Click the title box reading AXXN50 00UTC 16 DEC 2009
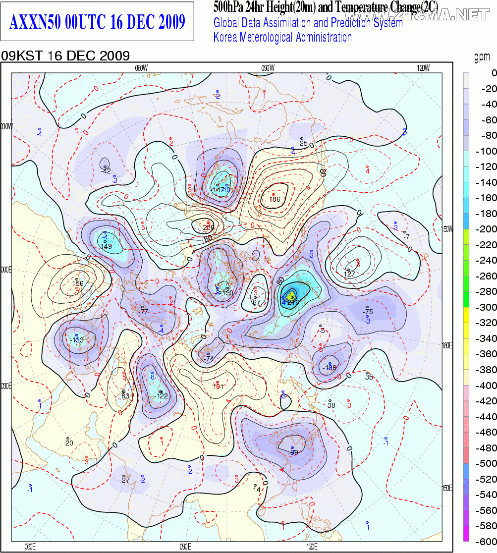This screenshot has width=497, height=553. click(98, 22)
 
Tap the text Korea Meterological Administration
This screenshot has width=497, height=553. click(282, 37)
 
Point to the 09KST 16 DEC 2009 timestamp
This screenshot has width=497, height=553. click(65, 55)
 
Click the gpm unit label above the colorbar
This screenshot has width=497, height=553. click(482, 58)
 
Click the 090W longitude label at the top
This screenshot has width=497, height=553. click(268, 68)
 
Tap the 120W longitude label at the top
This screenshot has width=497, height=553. click(423, 68)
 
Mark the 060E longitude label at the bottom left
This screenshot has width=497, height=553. click(30, 547)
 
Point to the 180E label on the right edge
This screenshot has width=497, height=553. click(447, 345)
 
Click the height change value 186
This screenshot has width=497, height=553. click(275, 199)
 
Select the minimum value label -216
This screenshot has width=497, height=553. click(293, 302)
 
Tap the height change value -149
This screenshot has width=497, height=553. click(106, 246)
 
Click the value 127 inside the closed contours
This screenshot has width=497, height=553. click(350, 274)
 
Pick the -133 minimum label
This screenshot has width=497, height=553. click(77, 340)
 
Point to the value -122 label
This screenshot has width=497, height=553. click(162, 396)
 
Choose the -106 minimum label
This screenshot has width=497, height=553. click(330, 368)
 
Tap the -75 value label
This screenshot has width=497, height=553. click(368, 312)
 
